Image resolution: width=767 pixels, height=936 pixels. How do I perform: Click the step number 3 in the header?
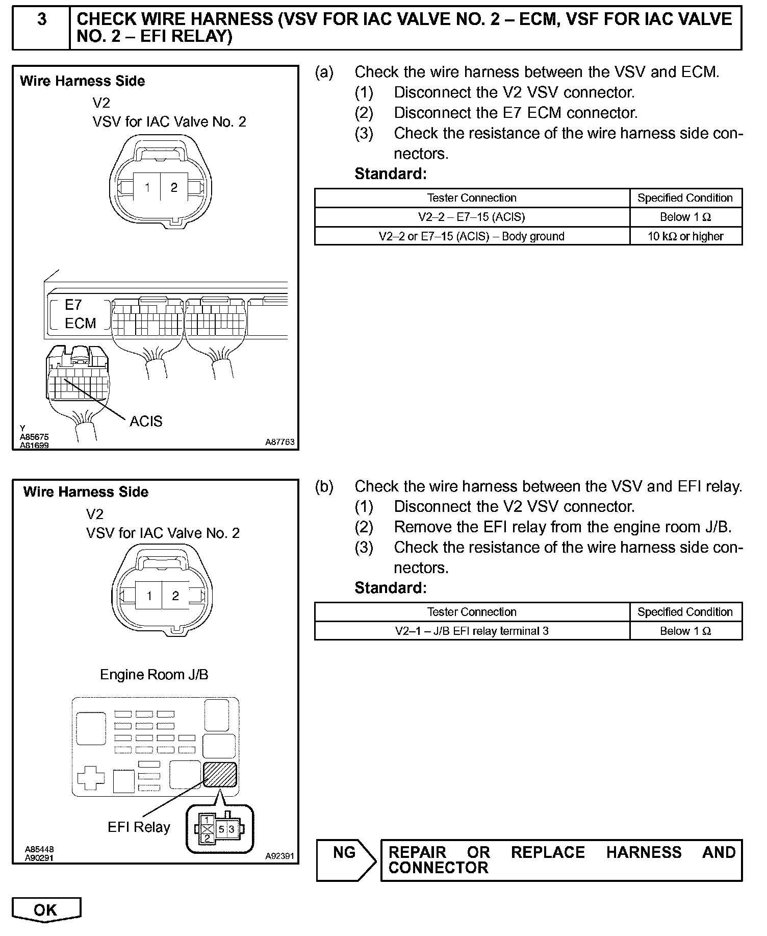pyautogui.click(x=42, y=19)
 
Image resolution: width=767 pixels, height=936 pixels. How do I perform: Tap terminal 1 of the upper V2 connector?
pyautogui.click(x=147, y=188)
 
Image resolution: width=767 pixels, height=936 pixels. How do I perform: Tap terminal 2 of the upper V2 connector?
pyautogui.click(x=174, y=188)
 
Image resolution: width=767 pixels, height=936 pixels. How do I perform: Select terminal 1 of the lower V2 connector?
pyautogui.click(x=149, y=596)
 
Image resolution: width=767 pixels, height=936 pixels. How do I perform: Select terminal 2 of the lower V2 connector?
pyautogui.click(x=175, y=596)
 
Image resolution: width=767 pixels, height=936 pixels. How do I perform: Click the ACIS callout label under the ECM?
pyautogui.click(x=146, y=421)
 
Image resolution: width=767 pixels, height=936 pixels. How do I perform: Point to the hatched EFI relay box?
pyautogui.click(x=220, y=774)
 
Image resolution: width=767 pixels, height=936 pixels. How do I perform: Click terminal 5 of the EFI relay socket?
pyautogui.click(x=222, y=829)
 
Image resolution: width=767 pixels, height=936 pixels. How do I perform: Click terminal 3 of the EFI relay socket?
pyautogui.click(x=232, y=829)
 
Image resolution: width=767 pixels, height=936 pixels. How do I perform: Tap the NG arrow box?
pyautogui.click(x=346, y=860)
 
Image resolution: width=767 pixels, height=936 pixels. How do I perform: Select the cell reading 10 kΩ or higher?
pyautogui.click(x=685, y=236)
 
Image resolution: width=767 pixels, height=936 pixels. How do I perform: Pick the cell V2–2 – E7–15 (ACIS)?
pyautogui.click(x=472, y=217)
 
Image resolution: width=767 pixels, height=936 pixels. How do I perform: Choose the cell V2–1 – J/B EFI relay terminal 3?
pyautogui.click(x=472, y=631)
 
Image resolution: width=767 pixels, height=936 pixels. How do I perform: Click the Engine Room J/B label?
pyautogui.click(x=154, y=674)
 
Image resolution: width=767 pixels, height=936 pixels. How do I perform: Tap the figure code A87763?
pyautogui.click(x=279, y=442)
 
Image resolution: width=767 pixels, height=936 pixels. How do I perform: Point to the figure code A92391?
pyautogui.click(x=279, y=856)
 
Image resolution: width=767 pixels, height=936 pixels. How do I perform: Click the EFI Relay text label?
pyautogui.click(x=139, y=827)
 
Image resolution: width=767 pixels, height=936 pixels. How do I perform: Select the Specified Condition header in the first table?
pyautogui.click(x=685, y=198)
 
